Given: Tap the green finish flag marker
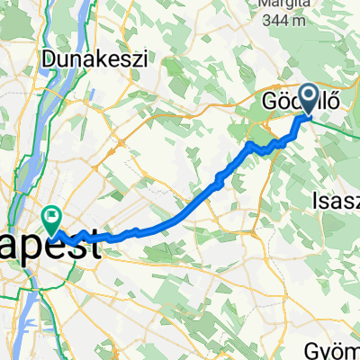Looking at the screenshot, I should [50, 217].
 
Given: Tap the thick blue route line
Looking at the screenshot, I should [180, 205].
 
